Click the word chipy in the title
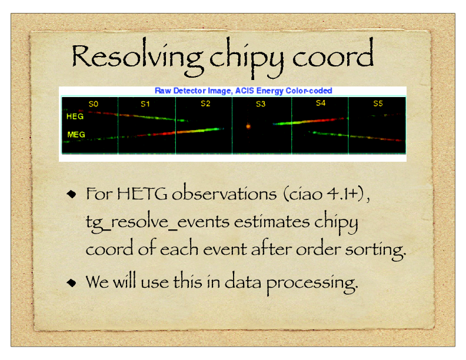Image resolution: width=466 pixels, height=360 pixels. [247, 58]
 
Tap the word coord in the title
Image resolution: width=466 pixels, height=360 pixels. [333, 53]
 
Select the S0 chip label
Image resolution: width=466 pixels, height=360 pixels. [94, 104]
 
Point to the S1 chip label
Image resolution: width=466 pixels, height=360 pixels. [145, 104]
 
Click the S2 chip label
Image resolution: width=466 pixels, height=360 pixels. [205, 104]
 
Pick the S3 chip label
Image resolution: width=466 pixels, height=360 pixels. [261, 104]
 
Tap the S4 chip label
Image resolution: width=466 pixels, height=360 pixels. [321, 103]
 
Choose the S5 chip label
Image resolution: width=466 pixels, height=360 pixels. [378, 104]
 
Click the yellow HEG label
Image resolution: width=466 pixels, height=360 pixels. [75, 116]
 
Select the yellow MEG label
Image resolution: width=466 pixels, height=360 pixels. [76, 135]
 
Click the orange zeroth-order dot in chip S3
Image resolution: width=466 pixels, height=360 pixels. [248, 126]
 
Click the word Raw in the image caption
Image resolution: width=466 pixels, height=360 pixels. [162, 91]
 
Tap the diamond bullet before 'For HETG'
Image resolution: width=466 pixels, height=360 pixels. [71, 194]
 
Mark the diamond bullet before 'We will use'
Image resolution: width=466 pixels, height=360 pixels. [71, 282]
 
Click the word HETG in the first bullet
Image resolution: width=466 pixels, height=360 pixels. [142, 194]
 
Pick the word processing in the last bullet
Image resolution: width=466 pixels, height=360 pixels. [312, 283]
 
